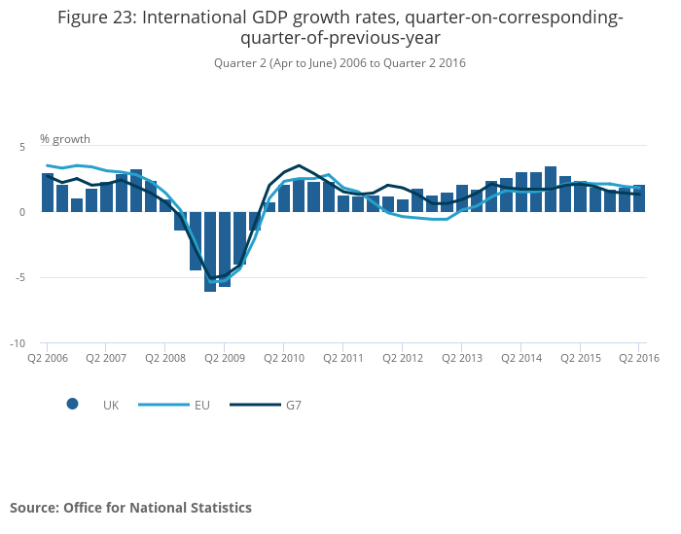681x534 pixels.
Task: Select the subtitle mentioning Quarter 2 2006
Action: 340,63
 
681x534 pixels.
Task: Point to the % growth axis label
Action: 65,139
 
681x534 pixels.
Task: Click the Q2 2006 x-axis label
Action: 47,358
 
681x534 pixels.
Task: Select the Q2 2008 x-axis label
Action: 165,358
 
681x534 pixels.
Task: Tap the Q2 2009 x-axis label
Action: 224,358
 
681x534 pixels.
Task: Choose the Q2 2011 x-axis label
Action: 342,358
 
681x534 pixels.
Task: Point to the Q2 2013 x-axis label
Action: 461,358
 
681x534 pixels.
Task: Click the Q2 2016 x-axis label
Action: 639,358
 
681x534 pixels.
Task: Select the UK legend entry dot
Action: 72,405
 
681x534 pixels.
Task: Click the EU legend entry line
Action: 157,405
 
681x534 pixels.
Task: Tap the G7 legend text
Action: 293,405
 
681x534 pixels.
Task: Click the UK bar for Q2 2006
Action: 47,193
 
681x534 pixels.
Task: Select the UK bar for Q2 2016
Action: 639,198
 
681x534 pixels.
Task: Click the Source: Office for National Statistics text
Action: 130,508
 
